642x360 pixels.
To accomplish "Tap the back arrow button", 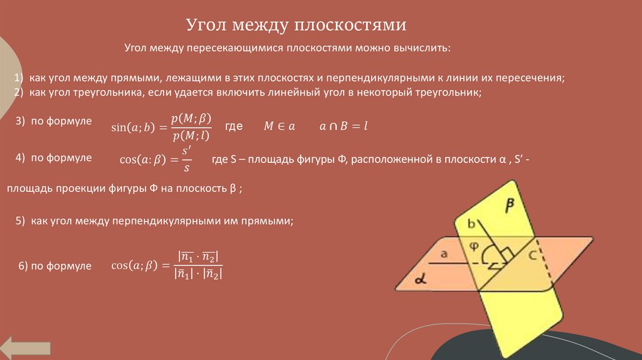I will pyautogui.click(x=26, y=347).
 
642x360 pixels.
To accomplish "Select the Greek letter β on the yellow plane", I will pyautogui.click(x=510, y=204).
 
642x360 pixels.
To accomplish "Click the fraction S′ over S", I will pyautogui.click(x=186, y=159).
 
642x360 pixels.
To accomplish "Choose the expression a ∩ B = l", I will pyautogui.click(x=342, y=126).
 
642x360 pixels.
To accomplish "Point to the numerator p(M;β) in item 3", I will pyautogui.click(x=191, y=119).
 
